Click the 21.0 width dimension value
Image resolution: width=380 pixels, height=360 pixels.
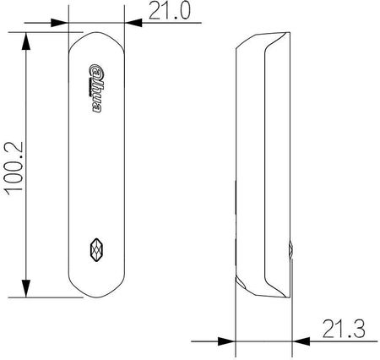[170, 11]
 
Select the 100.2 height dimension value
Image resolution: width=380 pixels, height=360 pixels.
[14, 168]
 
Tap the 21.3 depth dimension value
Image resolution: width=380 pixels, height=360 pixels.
[344, 329]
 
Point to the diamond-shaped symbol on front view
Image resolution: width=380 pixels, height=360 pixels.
[96, 250]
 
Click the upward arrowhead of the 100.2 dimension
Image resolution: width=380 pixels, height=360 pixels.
[26, 41]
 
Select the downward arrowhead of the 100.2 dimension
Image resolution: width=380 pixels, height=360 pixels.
[26, 288]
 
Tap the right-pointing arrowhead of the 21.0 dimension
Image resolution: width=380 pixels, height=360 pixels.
[59, 23]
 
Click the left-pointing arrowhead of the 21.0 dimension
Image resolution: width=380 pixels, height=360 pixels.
[133, 23]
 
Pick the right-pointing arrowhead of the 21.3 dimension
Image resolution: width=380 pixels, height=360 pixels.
[226, 341]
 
